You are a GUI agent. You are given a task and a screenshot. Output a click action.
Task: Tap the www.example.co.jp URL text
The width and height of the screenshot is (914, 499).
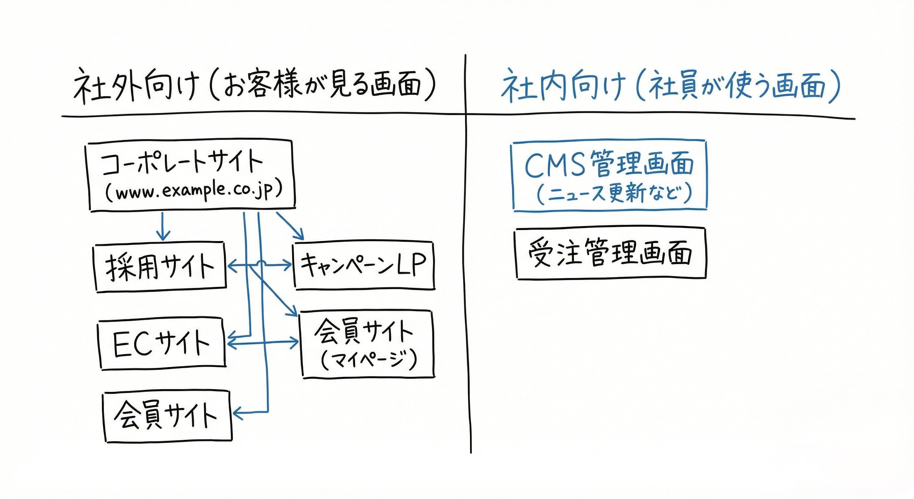pos(193,192)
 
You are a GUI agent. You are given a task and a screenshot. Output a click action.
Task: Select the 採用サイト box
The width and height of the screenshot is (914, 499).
pos(160,267)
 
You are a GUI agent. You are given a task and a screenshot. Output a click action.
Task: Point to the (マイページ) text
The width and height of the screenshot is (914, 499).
pos(368,360)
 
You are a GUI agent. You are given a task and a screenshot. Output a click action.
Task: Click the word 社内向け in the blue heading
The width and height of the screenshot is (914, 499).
pos(563,86)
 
